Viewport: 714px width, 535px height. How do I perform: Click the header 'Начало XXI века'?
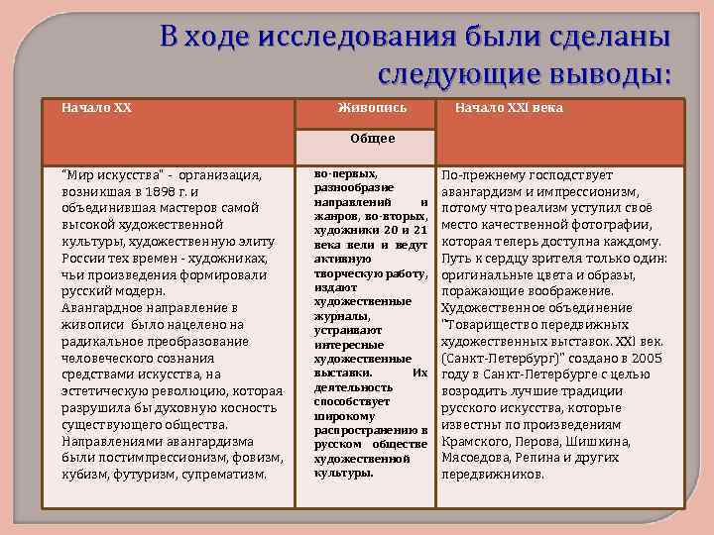[x=508, y=108]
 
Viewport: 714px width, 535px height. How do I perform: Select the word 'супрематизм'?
[x=231, y=474]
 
